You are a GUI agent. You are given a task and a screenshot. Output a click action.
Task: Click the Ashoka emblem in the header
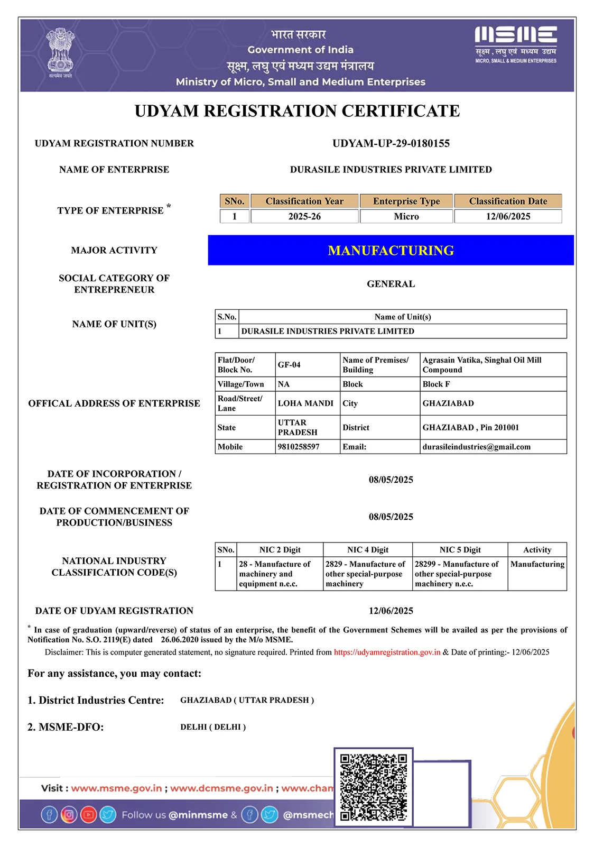pos(60,53)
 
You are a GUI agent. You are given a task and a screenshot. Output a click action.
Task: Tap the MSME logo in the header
pos(515,44)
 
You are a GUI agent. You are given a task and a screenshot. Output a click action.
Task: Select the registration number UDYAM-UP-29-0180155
pos(391,143)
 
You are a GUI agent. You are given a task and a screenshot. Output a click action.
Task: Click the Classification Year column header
pos(304,201)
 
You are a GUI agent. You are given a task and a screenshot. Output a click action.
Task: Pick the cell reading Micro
pos(406,216)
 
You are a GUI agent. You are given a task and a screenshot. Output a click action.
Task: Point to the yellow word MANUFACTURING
pos(391,250)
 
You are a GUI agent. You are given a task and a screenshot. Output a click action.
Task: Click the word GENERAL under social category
pos(391,284)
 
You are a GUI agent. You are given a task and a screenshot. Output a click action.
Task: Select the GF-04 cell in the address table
pos(290,365)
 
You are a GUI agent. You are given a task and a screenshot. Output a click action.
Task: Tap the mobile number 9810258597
pos(299,447)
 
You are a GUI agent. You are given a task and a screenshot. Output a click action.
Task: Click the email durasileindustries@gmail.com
pos(476,447)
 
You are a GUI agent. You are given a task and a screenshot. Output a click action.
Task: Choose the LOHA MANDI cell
pos(305,403)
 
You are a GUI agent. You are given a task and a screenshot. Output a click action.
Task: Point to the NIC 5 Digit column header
pos(460,550)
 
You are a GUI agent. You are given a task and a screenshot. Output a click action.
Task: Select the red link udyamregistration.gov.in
pos(387,652)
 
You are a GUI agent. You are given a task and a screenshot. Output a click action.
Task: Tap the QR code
pos(373,787)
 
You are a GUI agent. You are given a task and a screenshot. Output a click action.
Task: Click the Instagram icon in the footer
pos(69,814)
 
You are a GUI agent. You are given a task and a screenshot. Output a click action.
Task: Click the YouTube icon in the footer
pos(88,814)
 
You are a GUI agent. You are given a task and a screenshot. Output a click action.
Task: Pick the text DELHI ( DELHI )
pos(213,727)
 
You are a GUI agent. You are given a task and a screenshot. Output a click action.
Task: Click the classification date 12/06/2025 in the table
pos(508,216)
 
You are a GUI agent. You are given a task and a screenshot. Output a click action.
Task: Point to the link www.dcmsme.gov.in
pos(221,788)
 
